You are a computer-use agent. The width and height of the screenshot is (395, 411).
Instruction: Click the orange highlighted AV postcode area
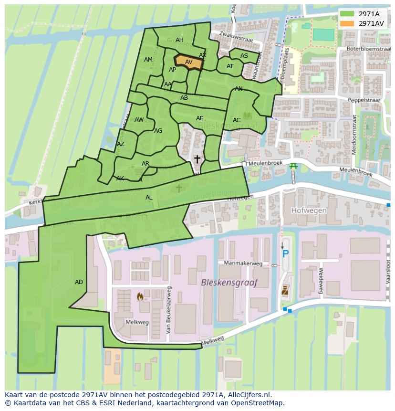(188, 62)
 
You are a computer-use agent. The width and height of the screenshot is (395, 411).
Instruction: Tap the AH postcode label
(179, 40)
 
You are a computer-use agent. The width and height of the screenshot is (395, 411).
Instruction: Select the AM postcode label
(148, 60)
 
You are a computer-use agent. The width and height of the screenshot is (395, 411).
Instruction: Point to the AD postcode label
(79, 282)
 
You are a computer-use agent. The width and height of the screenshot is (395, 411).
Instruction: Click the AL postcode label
(149, 198)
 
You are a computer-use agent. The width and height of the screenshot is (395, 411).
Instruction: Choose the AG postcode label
(158, 131)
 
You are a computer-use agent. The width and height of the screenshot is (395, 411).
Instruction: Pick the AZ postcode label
(121, 144)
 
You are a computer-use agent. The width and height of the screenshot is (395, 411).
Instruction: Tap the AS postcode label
(244, 56)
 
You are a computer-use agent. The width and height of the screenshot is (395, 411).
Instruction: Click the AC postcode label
(237, 120)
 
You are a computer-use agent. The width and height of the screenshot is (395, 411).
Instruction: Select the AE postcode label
(199, 118)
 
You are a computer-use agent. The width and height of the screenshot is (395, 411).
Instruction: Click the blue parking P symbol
(285, 254)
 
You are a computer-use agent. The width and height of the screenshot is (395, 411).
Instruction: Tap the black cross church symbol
(197, 159)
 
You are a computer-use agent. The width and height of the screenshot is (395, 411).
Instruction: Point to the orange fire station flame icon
(140, 297)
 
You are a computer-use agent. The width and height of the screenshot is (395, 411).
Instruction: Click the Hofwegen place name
(309, 211)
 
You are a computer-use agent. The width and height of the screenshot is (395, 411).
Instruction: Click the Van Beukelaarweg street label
(168, 310)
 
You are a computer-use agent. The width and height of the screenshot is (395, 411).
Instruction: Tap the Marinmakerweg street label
(243, 263)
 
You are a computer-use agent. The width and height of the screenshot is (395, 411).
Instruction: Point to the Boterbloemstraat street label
(368, 49)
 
